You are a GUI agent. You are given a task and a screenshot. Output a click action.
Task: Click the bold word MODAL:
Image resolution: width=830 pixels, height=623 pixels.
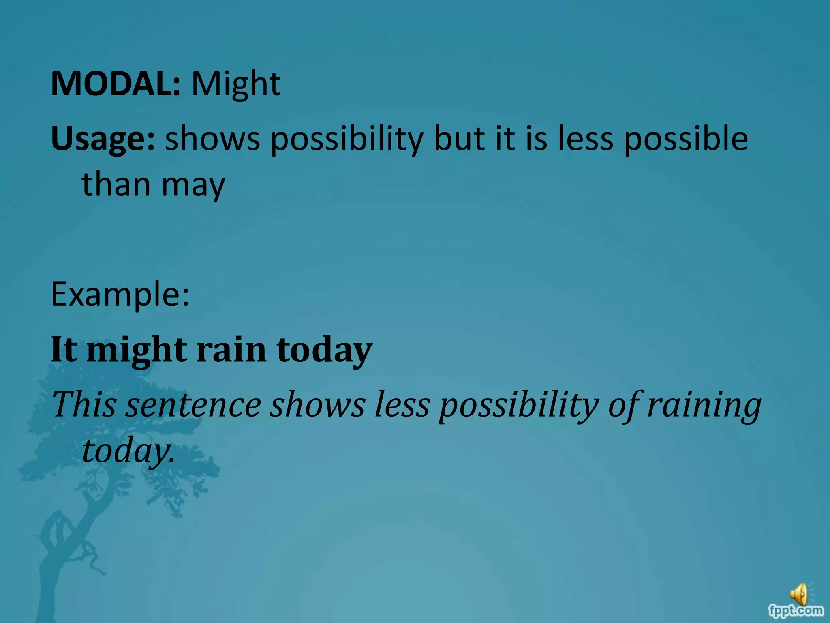click(x=115, y=84)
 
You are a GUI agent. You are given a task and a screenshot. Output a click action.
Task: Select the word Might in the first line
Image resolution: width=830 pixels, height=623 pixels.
click(x=236, y=84)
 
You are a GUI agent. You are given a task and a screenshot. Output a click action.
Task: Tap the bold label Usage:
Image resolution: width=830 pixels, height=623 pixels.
click(x=103, y=139)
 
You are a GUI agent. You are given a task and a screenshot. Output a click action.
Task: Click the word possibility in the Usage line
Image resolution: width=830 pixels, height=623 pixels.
click(x=347, y=139)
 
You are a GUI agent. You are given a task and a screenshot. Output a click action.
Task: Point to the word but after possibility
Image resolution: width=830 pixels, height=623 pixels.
click(x=459, y=139)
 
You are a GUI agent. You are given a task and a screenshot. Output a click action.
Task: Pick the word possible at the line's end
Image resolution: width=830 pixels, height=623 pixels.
click(x=686, y=139)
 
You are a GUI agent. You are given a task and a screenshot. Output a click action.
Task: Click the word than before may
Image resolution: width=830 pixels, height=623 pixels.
click(x=116, y=185)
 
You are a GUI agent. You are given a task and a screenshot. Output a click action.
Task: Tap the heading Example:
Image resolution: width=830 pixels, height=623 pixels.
click(x=120, y=295)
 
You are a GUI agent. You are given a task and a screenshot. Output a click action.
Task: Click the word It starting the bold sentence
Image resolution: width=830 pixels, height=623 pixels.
click(x=64, y=350)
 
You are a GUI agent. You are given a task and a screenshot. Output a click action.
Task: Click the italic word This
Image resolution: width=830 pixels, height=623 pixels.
click(x=84, y=404)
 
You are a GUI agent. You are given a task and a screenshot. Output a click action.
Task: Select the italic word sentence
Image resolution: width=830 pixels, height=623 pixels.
click(x=193, y=405)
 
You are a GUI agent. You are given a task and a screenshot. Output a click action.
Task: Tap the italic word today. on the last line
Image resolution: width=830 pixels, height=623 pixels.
click(x=129, y=451)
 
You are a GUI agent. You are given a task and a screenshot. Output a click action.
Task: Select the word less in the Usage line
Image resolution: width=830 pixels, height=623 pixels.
click(x=586, y=139)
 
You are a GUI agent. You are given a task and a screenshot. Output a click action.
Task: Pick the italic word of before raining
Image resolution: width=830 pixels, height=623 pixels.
click(x=626, y=405)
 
